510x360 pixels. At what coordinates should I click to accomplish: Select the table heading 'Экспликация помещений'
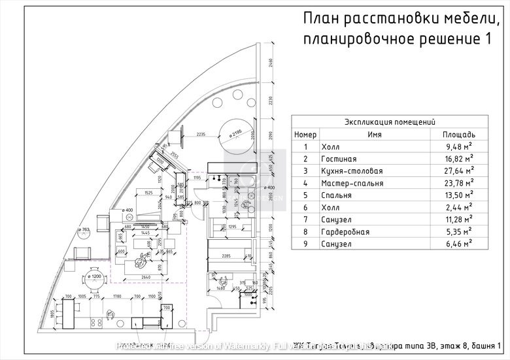pos(390,122)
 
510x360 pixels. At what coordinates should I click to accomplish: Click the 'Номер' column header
pos(305,134)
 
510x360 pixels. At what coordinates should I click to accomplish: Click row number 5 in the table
pos(305,195)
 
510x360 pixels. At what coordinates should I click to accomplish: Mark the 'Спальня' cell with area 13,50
pos(337,195)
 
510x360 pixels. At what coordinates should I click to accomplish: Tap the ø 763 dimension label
pos(83,231)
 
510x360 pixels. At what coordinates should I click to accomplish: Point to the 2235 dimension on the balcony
pos(201,134)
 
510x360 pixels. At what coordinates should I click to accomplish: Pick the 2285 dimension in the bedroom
pos(228,255)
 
